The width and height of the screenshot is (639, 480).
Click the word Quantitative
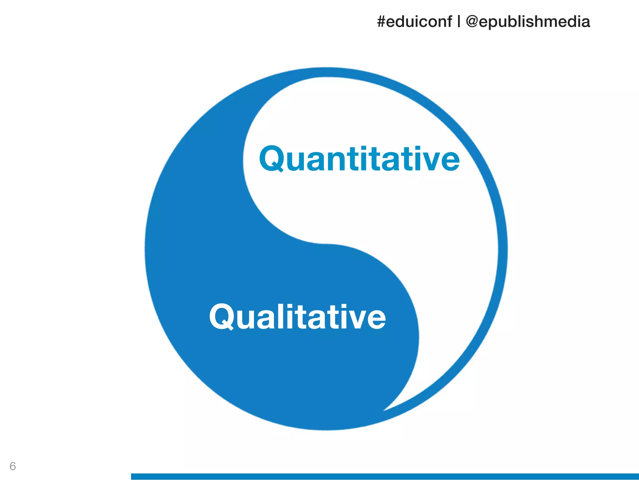[359, 159]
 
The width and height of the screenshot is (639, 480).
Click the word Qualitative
[297, 317]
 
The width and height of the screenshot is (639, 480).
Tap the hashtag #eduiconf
[414, 22]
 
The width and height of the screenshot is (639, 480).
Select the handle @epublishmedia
[528, 22]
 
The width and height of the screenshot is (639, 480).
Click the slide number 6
[13, 466]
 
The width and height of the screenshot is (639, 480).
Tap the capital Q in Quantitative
[271, 159]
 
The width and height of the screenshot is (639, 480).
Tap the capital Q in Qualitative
[222, 317]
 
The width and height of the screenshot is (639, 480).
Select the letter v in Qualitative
[358, 319]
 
